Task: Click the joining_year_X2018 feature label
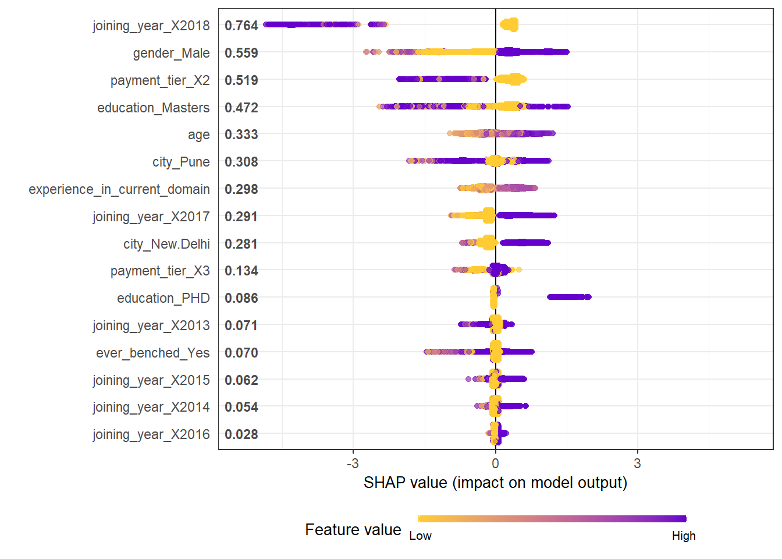point(151,26)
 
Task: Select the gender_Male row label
point(171,53)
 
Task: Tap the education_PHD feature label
point(163,298)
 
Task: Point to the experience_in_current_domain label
point(119,189)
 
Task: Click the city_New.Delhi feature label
point(166,244)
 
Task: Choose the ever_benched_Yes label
point(152,353)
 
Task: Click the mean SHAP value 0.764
point(241,26)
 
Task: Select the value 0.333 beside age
point(241,135)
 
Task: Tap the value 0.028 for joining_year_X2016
point(241,434)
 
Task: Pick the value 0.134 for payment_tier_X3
point(241,271)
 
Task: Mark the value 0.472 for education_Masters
point(241,108)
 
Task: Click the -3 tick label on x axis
point(352,464)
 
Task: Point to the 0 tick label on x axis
point(495,464)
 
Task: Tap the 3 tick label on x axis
point(638,464)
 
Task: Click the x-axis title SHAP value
point(495,483)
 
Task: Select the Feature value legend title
point(353,529)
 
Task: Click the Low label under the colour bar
point(420,536)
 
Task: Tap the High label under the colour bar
point(684,536)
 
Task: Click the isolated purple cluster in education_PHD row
point(569,297)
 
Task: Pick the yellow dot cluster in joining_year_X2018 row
point(509,25)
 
